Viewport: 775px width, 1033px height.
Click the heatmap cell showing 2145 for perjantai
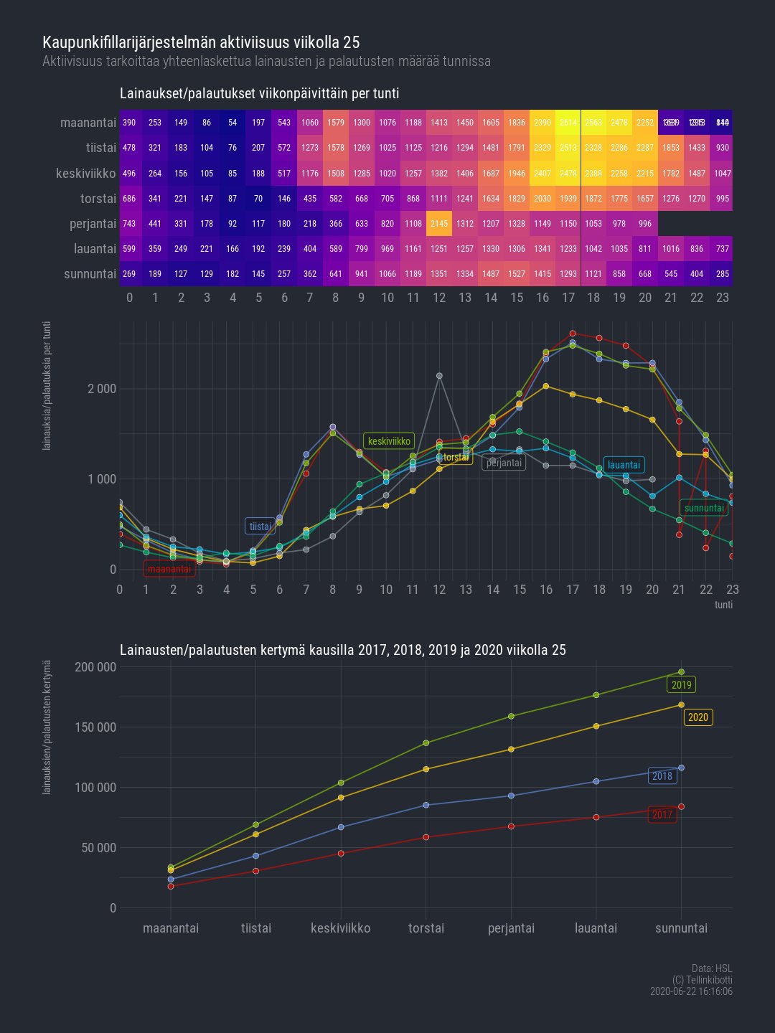click(439, 224)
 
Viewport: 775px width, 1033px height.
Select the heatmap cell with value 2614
click(568, 123)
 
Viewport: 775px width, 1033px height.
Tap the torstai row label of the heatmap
click(98, 199)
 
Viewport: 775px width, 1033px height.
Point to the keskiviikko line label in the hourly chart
click(389, 441)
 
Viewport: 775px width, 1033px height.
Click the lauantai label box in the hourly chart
click(624, 465)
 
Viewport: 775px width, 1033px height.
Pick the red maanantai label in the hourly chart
click(169, 570)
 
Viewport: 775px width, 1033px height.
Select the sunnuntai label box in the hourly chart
click(704, 509)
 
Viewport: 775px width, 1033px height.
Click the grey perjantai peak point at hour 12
click(439, 376)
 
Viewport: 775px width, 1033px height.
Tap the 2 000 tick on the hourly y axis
click(102, 389)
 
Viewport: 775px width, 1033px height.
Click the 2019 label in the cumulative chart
click(681, 685)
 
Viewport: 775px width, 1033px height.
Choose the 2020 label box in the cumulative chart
click(697, 717)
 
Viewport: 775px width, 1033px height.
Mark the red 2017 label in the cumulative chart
click(662, 815)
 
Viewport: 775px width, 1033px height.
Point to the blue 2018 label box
click(662, 776)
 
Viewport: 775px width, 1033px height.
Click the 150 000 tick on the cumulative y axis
click(95, 727)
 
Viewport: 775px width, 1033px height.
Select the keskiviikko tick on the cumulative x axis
click(341, 928)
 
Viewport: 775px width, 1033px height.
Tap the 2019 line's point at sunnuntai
click(681, 672)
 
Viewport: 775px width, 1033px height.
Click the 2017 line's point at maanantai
click(171, 887)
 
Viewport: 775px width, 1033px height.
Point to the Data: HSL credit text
click(712, 969)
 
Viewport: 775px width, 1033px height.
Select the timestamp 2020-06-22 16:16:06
click(691, 991)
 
